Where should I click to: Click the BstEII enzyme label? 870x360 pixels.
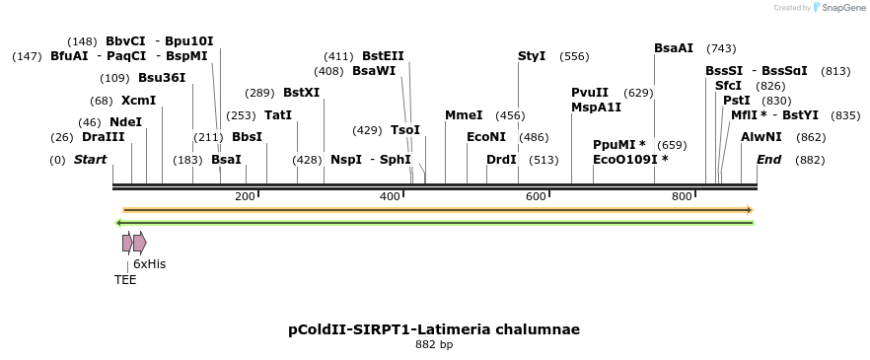tap(383, 56)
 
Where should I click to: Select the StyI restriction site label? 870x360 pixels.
tap(532, 56)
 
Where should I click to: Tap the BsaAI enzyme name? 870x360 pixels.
tap(674, 48)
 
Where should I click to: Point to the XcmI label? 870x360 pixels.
tap(138, 101)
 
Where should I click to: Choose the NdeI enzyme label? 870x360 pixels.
tap(125, 122)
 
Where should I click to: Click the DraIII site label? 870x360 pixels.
tap(103, 137)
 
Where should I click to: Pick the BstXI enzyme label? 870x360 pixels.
tap(301, 93)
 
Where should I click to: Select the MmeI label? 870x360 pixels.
tap(464, 115)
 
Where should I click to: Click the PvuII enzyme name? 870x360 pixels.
tap(590, 93)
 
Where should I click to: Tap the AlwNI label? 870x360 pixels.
tap(761, 137)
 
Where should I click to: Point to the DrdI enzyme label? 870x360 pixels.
tap(501, 160)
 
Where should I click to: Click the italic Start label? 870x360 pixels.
tap(90, 160)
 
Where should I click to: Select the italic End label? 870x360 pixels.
tap(769, 160)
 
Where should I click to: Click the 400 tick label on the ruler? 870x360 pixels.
tap(390, 197)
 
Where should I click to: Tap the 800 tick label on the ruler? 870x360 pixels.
tap(682, 197)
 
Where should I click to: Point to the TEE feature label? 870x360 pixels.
tap(125, 280)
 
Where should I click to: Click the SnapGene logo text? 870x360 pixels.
tap(840, 8)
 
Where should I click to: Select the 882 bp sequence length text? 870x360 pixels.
tap(434, 345)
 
